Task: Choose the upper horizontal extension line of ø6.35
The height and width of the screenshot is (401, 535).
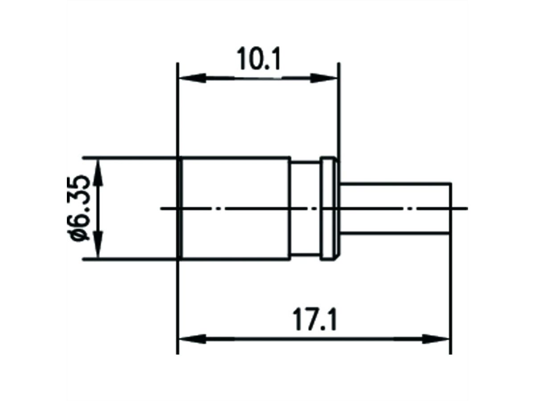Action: pos(134,157)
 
